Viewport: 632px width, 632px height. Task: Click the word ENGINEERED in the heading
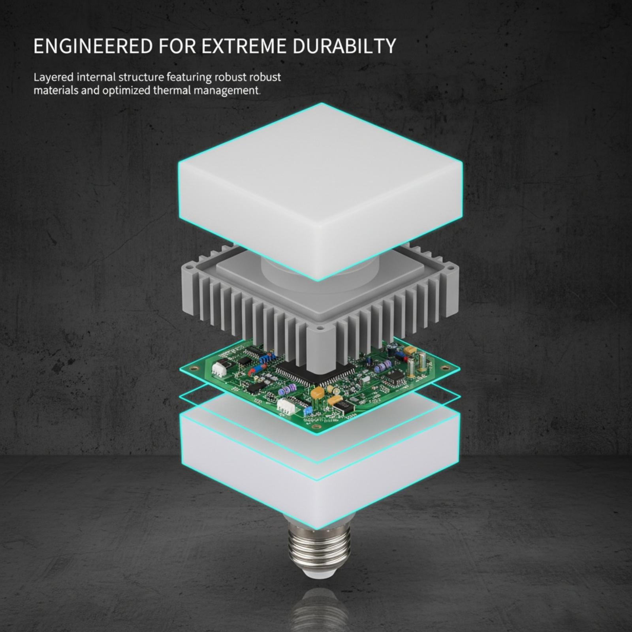(x=93, y=46)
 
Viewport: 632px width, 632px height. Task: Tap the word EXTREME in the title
(x=244, y=46)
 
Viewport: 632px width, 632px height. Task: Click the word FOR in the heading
(x=177, y=46)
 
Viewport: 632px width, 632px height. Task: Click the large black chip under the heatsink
(x=316, y=373)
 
